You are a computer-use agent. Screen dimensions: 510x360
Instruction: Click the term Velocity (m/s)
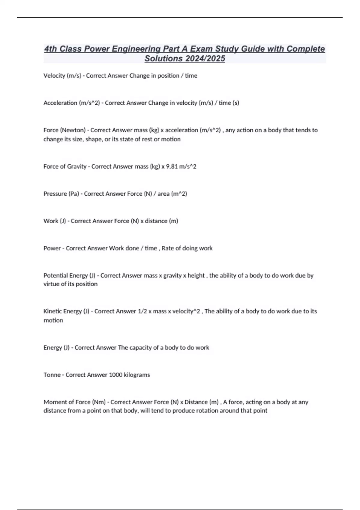pos(62,76)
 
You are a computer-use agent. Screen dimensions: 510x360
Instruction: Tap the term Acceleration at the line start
pos(60,103)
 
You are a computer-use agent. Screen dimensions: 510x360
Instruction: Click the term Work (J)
pos(55,221)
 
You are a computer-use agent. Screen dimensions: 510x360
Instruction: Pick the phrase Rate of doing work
pos(187,248)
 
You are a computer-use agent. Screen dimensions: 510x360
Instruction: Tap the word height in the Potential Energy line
pos(196,275)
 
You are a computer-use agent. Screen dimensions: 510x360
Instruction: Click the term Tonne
pos(52,375)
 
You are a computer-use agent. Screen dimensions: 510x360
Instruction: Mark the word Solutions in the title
pos(164,58)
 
